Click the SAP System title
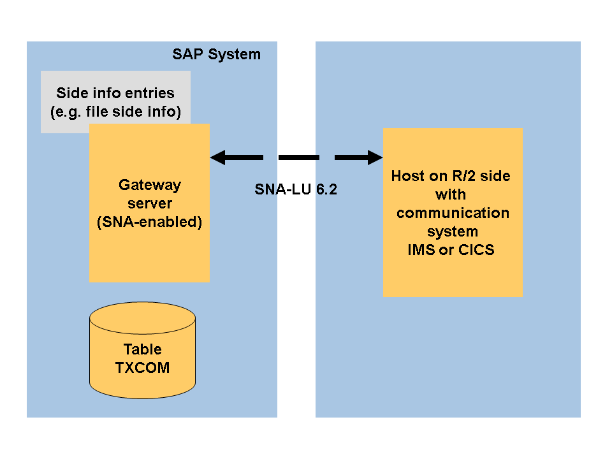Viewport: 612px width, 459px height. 216,54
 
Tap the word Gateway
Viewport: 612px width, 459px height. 150,185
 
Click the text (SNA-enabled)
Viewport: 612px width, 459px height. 150,223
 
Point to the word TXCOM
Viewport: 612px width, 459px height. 143,368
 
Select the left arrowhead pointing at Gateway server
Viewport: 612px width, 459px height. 218,157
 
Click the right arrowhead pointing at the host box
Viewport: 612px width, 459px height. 374,157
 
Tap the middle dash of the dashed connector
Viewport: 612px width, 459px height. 299,157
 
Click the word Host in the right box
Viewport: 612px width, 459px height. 408,175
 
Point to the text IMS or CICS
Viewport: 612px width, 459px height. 451,249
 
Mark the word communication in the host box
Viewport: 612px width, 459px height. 453,212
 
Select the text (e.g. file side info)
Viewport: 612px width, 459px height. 115,112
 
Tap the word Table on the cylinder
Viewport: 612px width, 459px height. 143,349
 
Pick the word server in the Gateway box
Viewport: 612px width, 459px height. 150,204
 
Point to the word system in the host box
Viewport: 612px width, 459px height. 453,231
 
